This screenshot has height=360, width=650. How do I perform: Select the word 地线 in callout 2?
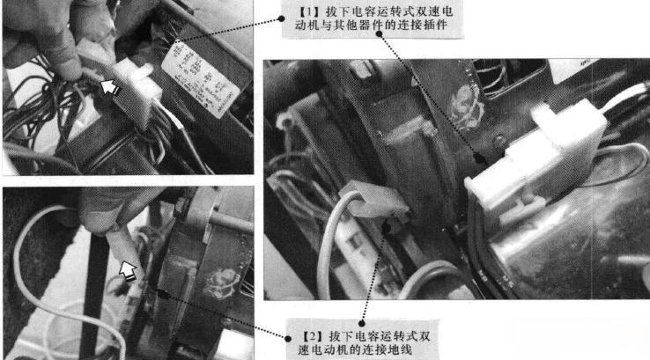point(400,351)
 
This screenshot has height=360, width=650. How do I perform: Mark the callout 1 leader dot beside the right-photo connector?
point(476,158)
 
